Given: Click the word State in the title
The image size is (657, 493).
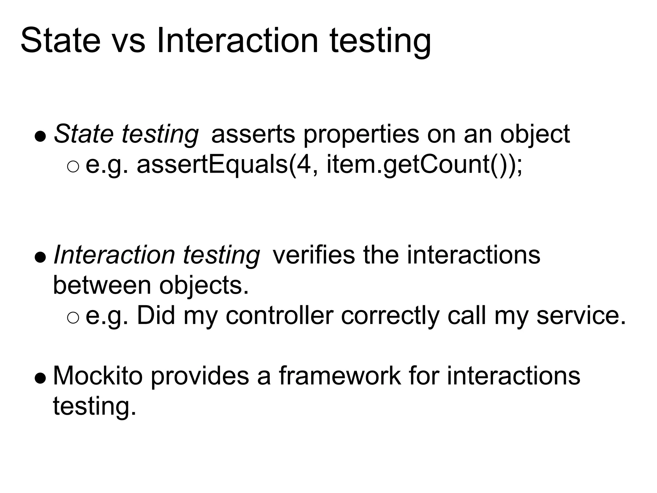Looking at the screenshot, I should (60, 41).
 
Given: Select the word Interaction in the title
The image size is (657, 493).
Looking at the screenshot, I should (237, 41).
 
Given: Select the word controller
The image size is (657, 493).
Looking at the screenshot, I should (279, 316).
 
